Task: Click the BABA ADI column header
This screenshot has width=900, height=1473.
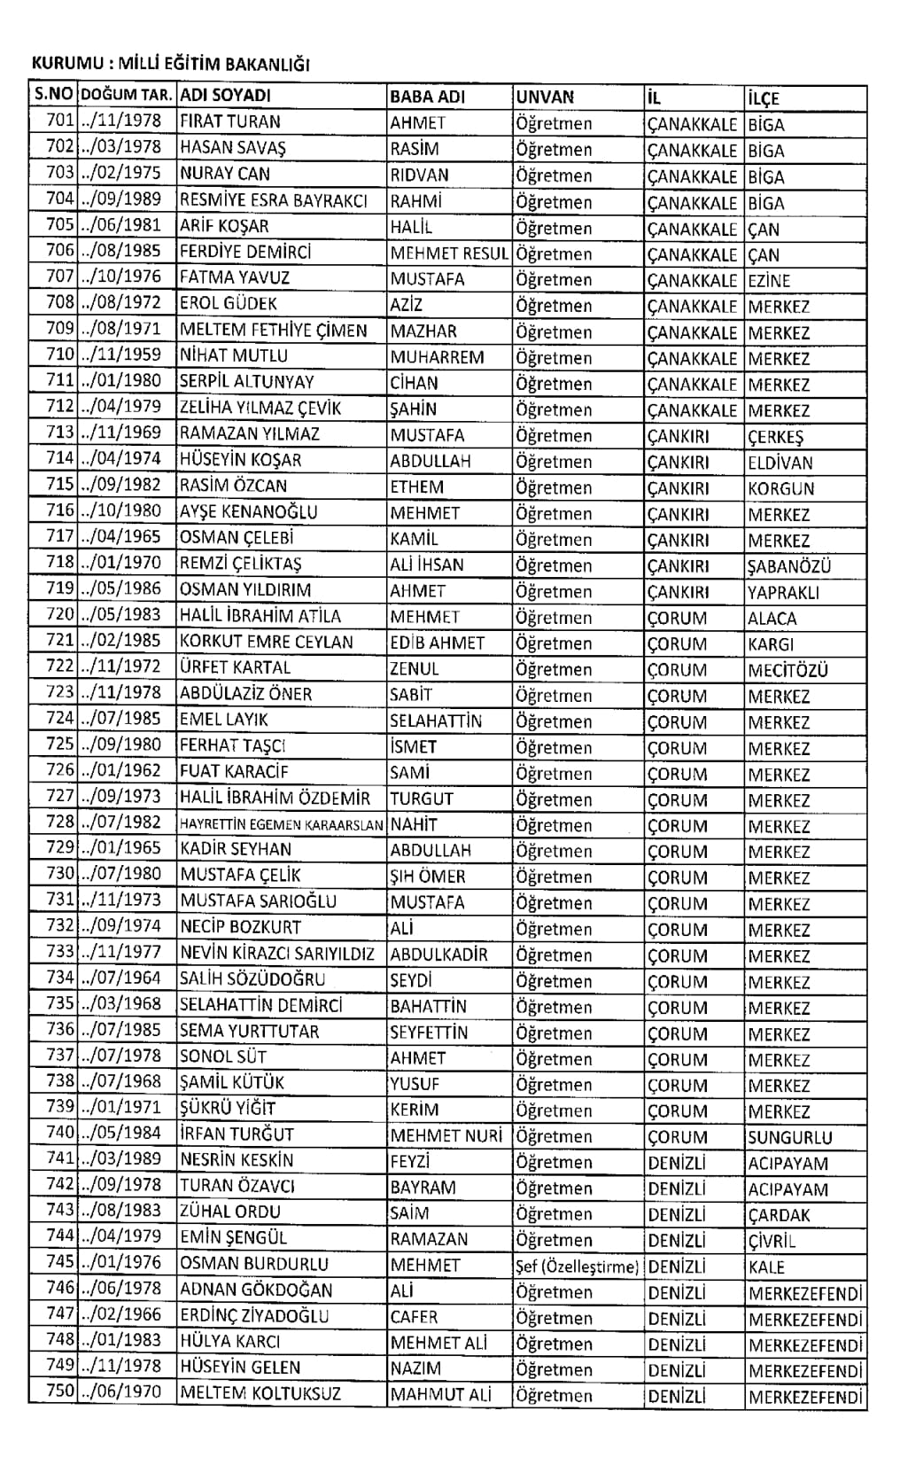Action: click(x=427, y=97)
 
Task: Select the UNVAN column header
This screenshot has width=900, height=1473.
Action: click(x=545, y=97)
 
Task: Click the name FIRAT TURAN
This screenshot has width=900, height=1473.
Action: click(x=229, y=122)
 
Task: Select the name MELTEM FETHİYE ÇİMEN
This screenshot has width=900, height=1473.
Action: click(x=273, y=331)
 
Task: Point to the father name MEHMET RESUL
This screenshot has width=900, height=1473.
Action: click(x=449, y=253)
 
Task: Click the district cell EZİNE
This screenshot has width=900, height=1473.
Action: click(x=769, y=281)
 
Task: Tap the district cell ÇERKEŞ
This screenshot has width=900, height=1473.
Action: click(x=775, y=437)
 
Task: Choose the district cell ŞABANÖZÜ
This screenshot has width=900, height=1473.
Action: click(x=788, y=566)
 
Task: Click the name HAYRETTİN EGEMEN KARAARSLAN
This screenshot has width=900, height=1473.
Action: click(x=281, y=824)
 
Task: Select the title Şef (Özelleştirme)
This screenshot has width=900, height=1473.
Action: click(x=577, y=1266)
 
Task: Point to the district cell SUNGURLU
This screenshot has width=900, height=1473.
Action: click(x=789, y=1137)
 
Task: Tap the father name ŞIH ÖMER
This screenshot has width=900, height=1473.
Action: click(x=428, y=877)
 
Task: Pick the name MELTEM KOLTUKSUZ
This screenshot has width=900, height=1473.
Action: click(x=260, y=1393)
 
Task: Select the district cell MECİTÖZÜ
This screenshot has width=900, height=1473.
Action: click(x=787, y=670)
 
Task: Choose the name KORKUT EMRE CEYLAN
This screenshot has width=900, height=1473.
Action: click(x=266, y=642)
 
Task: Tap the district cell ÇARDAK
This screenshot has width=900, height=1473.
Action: click(x=779, y=1215)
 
